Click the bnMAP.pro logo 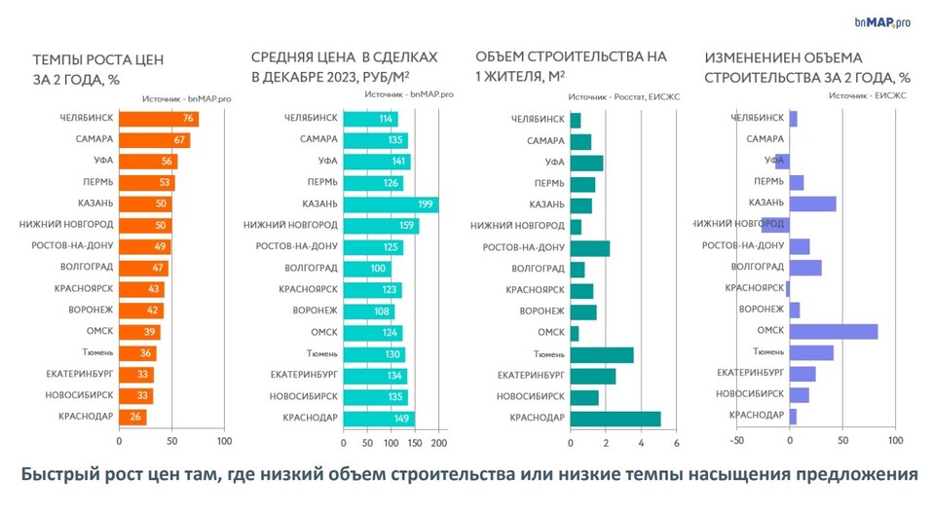point(881,22)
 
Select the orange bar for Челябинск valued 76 point(158,119)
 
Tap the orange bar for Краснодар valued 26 point(132,418)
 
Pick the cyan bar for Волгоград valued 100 point(366,268)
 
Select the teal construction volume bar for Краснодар point(615,419)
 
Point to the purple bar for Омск point(833,332)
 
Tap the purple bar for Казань point(812,203)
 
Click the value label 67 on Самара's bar point(180,140)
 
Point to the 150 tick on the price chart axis point(414,443)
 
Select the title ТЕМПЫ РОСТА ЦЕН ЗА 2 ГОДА point(93,68)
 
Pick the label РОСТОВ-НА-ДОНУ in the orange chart point(71,247)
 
